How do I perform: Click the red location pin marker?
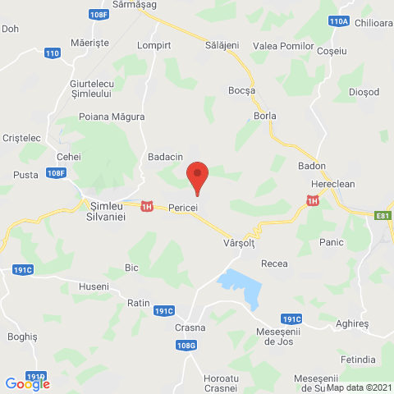[197, 176]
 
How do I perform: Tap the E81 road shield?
[383, 216]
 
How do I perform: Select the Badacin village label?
[165, 156]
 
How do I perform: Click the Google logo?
[27, 383]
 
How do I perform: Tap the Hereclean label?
[337, 185]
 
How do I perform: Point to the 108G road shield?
[187, 346]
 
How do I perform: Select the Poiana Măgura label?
[104, 117]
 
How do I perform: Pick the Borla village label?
[265, 116]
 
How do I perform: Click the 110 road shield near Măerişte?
[53, 53]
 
